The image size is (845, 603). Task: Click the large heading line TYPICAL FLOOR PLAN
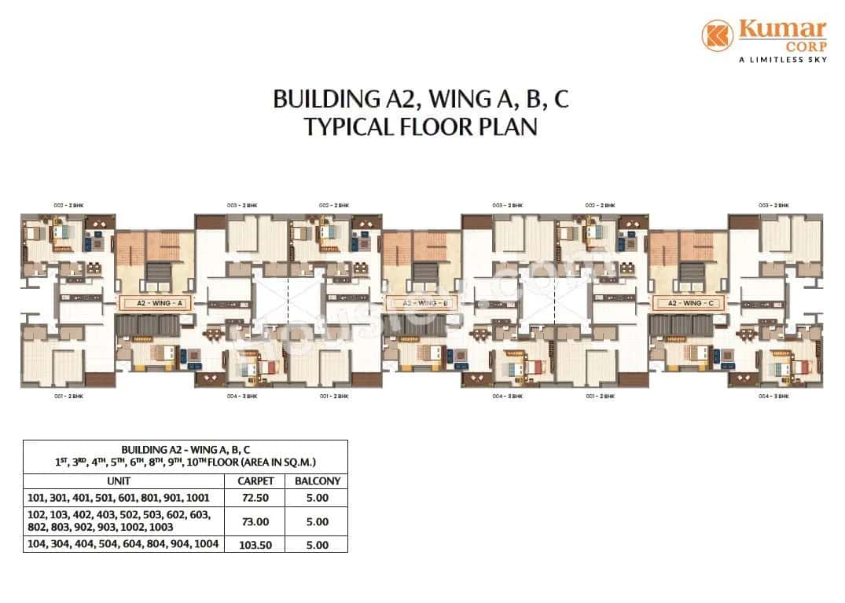tap(421, 127)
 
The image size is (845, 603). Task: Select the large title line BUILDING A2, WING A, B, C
tap(421, 99)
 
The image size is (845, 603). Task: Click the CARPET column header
tap(255, 481)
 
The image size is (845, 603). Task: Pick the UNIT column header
tap(124, 481)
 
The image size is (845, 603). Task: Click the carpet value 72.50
tap(255, 498)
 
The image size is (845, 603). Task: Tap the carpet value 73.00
tap(255, 521)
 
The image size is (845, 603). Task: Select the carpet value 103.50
tap(255, 544)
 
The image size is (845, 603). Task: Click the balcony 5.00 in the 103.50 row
tap(317, 544)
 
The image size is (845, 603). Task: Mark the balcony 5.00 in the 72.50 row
tap(317, 498)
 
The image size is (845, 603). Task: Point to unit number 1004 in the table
tap(207, 544)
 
